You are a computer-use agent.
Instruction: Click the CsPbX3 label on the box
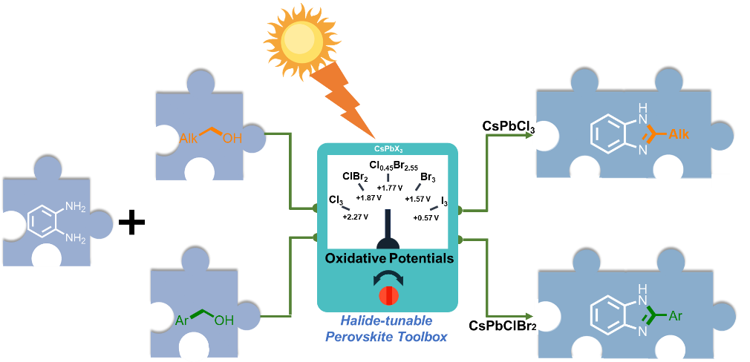point(388,150)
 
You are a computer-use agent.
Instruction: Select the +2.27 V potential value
point(355,217)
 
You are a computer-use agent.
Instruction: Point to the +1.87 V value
point(368,198)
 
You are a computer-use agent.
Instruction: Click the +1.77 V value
point(389,188)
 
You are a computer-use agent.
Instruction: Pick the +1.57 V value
point(417,199)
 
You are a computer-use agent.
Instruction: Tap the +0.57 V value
point(426,217)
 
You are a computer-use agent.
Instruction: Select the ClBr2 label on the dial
point(355,177)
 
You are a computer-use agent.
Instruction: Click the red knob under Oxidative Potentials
point(388,294)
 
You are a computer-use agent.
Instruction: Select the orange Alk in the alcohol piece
point(191,138)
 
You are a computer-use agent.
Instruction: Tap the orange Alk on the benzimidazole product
point(679,134)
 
